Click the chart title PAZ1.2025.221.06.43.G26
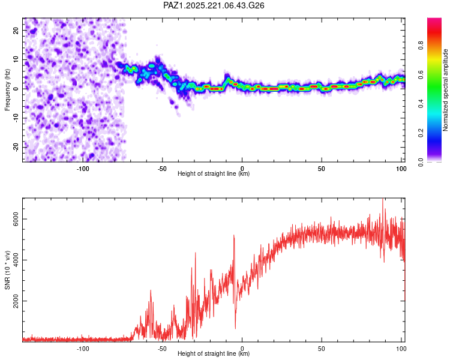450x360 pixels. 214,5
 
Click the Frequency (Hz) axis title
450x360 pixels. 7,90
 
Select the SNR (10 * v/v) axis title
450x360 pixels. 7,270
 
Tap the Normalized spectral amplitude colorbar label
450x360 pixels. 445,90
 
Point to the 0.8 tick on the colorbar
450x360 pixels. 421,46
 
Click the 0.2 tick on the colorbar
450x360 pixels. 421,133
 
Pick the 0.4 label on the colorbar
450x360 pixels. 421,104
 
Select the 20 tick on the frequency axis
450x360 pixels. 16,31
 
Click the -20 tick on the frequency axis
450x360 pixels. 16,147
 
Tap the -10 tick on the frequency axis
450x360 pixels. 16,118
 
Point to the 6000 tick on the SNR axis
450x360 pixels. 16,219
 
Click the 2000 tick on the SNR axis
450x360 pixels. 16,301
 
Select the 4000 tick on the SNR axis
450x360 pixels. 16,260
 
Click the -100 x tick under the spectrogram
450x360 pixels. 83,169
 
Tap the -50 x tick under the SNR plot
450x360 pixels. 162,349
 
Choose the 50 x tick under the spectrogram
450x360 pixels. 322,169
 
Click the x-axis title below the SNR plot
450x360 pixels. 214,353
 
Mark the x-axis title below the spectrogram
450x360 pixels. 214,173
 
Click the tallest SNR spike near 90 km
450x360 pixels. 383,199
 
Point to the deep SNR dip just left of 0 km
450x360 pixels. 235,328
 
